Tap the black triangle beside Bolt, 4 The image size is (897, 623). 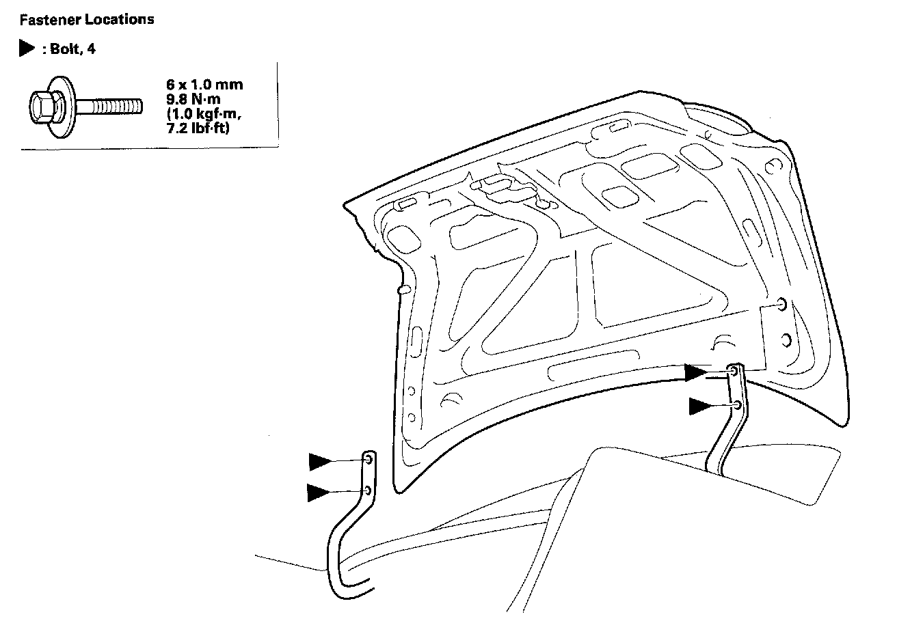(x=27, y=49)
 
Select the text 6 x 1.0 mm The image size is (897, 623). (x=204, y=85)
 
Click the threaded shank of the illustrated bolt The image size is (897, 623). (x=109, y=107)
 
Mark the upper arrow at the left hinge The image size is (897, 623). (x=319, y=462)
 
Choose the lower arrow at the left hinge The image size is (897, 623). (x=318, y=492)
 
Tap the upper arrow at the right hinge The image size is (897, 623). (x=697, y=373)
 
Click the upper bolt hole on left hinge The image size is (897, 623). (x=368, y=460)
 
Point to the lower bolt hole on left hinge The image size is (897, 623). (x=368, y=490)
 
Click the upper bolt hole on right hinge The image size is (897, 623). (x=734, y=371)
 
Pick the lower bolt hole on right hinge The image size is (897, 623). (x=736, y=404)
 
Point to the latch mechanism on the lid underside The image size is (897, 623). (x=509, y=190)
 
